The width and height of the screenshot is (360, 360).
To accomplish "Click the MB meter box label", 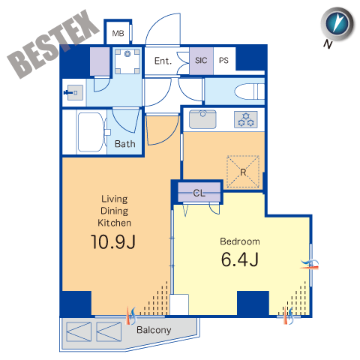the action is tap(118, 33).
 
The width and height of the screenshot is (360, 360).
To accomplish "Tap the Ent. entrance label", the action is tap(163, 61).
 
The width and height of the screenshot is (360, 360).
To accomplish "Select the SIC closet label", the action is tap(201, 60).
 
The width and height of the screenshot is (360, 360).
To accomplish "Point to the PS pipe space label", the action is tap(223, 60).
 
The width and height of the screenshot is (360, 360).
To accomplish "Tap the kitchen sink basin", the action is tap(202, 119).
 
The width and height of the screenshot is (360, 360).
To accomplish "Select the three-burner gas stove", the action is tap(246, 119).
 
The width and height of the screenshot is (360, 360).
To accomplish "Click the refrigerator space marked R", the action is tap(243, 172).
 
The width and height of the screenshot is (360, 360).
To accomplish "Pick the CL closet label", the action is tap(199, 193).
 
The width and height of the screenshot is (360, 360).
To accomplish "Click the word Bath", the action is tap(125, 144).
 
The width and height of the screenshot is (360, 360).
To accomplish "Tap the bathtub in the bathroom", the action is tap(91, 132).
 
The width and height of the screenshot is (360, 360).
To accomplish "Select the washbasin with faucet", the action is tap(73, 92).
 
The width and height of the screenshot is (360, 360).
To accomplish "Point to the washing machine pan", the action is tap(127, 61).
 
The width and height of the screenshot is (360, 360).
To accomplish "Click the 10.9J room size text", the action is tap(113, 241).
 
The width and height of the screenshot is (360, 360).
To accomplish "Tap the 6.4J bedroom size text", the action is tap(240, 259).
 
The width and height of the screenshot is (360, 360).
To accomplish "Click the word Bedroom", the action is tap(240, 241).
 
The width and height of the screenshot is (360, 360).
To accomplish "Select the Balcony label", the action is tap(154, 330).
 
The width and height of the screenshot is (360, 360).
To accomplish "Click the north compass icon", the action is tap(337, 24).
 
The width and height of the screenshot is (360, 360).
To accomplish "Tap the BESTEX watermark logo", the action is tap(53, 44).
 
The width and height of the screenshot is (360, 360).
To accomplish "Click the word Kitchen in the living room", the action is tap(114, 223).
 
